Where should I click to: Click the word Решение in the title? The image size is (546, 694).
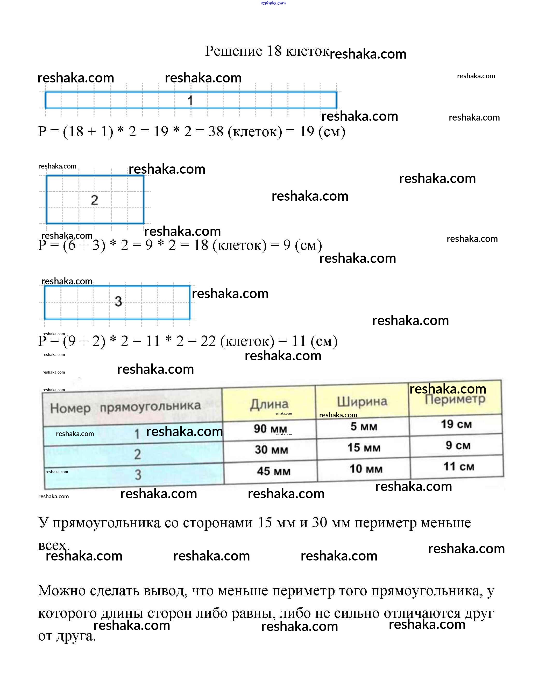(x=233, y=51)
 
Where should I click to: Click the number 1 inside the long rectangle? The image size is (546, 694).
(x=190, y=101)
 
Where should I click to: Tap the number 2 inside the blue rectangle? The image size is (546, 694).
(x=94, y=200)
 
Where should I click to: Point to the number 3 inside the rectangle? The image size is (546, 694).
(x=118, y=302)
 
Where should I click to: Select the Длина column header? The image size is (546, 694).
(x=269, y=404)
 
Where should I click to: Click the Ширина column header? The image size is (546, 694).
(x=362, y=402)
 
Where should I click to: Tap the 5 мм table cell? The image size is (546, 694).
(x=364, y=427)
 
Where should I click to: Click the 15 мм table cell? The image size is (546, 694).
(x=364, y=448)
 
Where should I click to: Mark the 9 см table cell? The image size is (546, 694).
(x=458, y=445)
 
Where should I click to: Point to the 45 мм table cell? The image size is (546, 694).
(x=274, y=471)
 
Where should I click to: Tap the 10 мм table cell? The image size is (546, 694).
(x=366, y=469)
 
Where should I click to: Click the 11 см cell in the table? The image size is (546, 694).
(x=459, y=467)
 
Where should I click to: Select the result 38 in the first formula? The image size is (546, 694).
(x=216, y=132)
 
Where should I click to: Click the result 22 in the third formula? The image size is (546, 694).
(x=208, y=341)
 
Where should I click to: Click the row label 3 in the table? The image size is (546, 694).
(x=138, y=475)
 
